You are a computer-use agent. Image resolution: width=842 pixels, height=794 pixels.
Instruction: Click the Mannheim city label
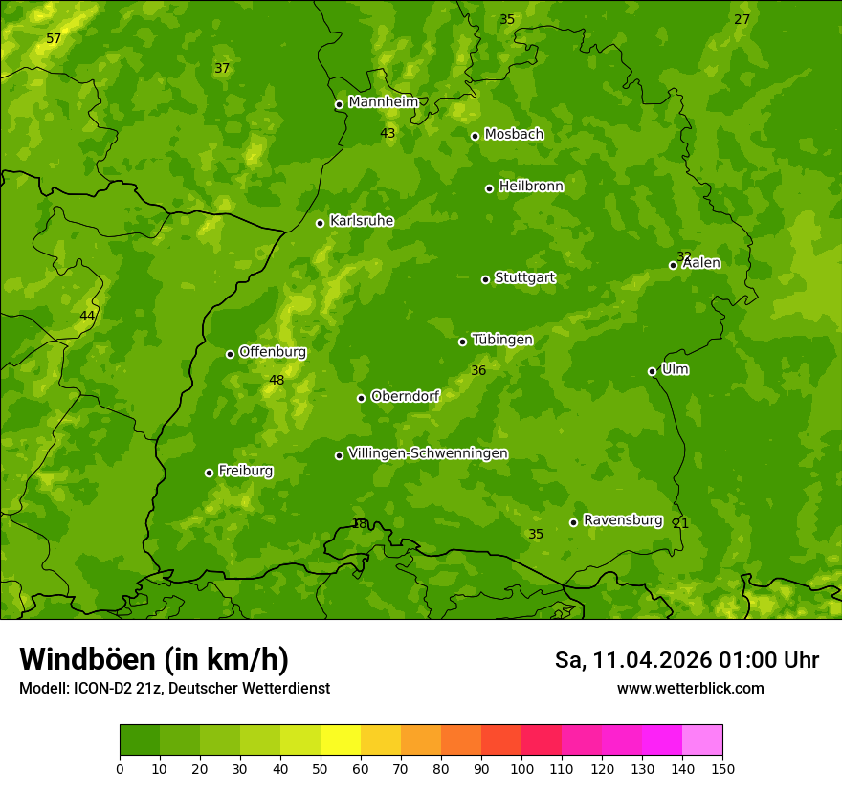[383, 102]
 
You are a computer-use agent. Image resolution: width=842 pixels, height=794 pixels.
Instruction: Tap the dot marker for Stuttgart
[485, 279]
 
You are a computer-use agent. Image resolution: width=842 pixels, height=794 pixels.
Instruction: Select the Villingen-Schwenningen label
[428, 453]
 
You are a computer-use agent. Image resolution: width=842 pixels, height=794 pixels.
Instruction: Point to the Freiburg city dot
[209, 473]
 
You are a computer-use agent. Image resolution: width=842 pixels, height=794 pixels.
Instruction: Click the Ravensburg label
[622, 520]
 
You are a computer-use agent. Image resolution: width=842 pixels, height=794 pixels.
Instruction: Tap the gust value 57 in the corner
[54, 39]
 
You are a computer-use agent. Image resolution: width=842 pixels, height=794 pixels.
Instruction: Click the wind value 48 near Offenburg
[277, 381]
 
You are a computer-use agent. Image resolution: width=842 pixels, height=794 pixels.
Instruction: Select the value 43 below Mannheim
[388, 134]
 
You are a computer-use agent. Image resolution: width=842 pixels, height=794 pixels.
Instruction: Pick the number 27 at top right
[742, 20]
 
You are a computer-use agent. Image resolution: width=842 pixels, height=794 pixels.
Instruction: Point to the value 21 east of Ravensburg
[680, 523]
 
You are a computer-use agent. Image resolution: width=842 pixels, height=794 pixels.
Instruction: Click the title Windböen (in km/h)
[154, 659]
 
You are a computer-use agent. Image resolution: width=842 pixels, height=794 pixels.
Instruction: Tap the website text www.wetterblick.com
[690, 688]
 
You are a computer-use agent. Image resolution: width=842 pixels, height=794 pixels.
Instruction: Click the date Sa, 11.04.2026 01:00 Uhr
[686, 660]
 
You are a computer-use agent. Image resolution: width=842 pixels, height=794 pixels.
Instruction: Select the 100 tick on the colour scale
[521, 768]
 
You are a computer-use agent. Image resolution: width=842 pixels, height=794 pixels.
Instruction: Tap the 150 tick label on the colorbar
[721, 768]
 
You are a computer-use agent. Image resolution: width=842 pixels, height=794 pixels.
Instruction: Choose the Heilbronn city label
[531, 187]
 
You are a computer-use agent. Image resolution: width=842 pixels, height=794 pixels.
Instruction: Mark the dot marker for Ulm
[652, 371]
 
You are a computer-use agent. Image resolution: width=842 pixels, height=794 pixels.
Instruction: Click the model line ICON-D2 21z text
[174, 688]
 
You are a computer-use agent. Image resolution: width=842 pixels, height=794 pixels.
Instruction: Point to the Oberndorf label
[405, 396]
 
